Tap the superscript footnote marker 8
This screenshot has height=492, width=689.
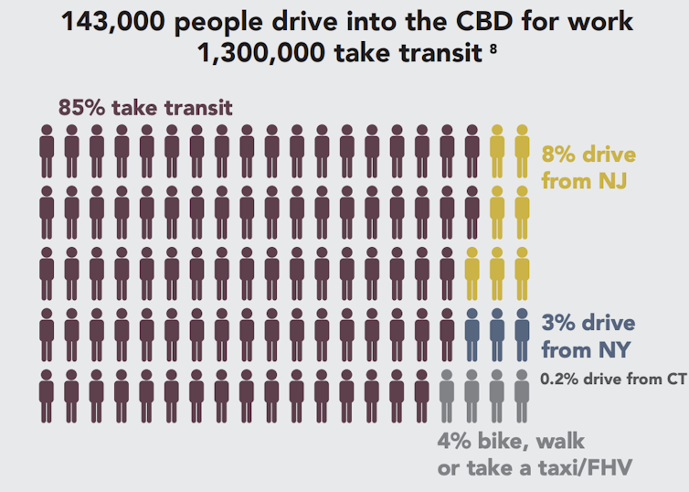click(x=493, y=48)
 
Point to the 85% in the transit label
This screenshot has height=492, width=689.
click(x=81, y=107)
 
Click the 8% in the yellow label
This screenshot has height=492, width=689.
click(x=559, y=155)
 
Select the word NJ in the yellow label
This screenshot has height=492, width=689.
click(x=610, y=181)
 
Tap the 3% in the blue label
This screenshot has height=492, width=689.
click(x=559, y=324)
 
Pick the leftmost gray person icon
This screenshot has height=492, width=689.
click(x=447, y=396)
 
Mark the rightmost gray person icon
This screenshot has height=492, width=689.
click(x=522, y=396)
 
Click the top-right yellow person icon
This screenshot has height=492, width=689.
click(x=522, y=151)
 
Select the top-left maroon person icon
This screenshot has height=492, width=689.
click(x=47, y=151)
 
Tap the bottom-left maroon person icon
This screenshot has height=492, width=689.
click(x=47, y=396)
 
